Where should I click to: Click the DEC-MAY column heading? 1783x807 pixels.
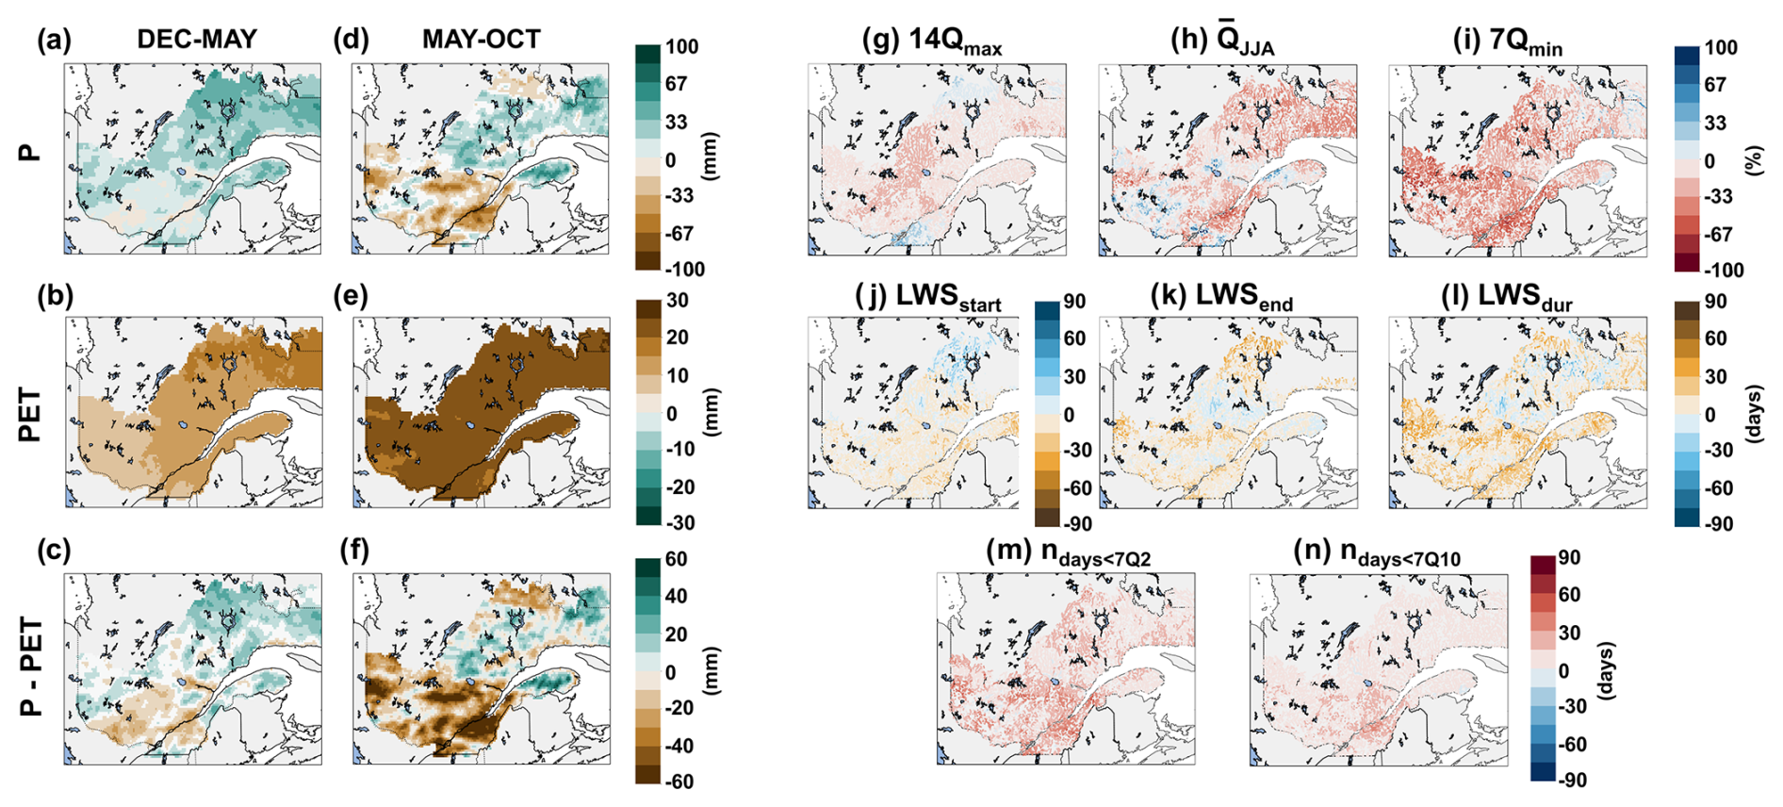[197, 39]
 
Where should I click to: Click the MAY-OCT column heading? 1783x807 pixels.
[482, 39]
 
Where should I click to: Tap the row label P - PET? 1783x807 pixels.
[31, 667]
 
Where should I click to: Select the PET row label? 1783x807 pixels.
[31, 415]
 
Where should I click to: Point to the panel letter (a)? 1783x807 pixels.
[55, 40]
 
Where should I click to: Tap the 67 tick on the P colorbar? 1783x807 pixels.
[677, 84]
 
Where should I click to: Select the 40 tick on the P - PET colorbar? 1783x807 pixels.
[677, 596]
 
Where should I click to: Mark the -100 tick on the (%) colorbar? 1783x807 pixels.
[1719, 270]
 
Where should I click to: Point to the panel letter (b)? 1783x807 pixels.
[55, 296]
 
